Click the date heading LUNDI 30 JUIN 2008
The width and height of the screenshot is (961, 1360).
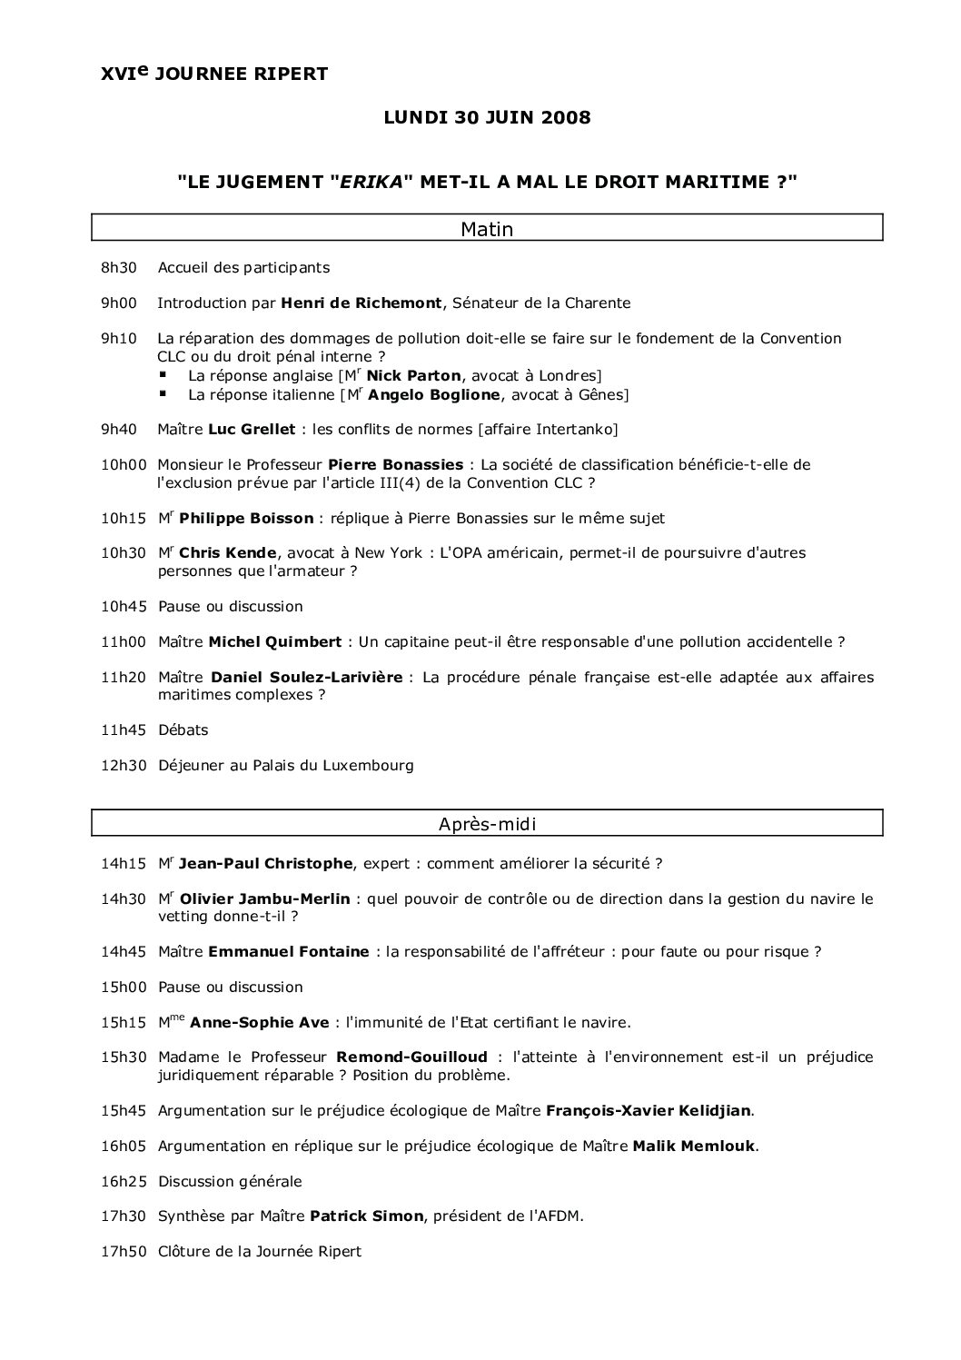487,117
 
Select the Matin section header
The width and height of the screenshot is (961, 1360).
487,229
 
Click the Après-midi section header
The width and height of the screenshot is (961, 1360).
487,824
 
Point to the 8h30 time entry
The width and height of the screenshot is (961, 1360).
118,267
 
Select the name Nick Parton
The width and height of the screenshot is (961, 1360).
413,375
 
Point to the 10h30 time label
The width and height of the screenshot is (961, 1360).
123,552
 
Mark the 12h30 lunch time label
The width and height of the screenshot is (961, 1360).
123,765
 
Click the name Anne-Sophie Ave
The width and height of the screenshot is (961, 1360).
260,1022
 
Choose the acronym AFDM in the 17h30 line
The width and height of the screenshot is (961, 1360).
559,1216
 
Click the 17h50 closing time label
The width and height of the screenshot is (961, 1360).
123,1251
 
